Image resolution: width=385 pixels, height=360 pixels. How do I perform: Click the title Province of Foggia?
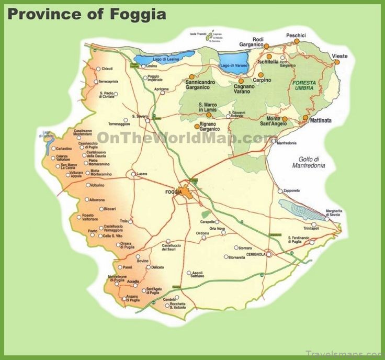click(x=87, y=14)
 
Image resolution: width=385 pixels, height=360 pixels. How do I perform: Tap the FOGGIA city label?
click(x=173, y=192)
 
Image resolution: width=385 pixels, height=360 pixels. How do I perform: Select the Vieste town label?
click(x=339, y=56)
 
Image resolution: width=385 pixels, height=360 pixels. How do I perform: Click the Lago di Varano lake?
click(x=232, y=61)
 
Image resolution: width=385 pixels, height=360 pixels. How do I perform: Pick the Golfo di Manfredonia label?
click(x=309, y=162)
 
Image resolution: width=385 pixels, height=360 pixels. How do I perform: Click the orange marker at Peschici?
click(x=297, y=41)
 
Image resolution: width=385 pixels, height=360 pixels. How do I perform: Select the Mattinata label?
click(x=321, y=120)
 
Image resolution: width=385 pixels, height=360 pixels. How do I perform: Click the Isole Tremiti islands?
click(x=211, y=37)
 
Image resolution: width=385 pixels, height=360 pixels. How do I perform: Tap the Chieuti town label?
click(x=107, y=69)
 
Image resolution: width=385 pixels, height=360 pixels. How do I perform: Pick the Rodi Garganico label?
click(x=258, y=42)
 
